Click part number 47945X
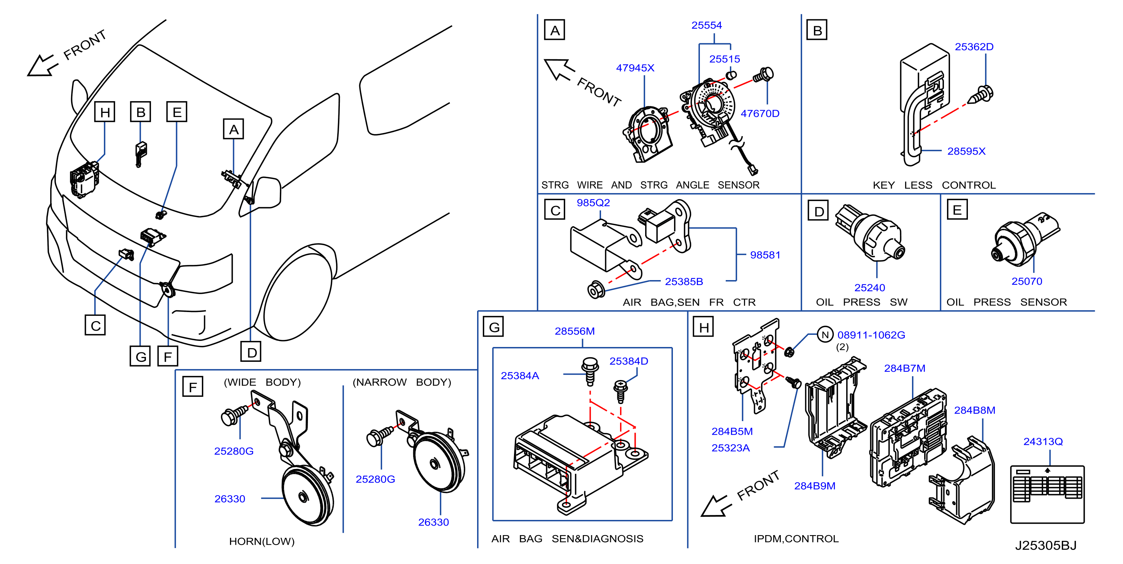click(x=635, y=68)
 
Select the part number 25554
click(x=706, y=25)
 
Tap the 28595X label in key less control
click(x=966, y=151)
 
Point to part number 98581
click(x=765, y=255)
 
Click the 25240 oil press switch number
click(x=869, y=288)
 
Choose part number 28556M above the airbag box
click(x=574, y=331)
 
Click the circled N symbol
click(x=825, y=335)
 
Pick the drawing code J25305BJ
click(x=1045, y=545)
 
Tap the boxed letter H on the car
click(x=105, y=112)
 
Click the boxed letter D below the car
click(x=251, y=352)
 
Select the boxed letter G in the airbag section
click(x=493, y=326)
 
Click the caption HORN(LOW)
click(x=262, y=541)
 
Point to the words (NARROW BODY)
click(x=401, y=382)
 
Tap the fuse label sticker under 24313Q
click(x=1047, y=495)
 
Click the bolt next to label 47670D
click(x=763, y=75)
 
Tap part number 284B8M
click(x=974, y=410)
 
